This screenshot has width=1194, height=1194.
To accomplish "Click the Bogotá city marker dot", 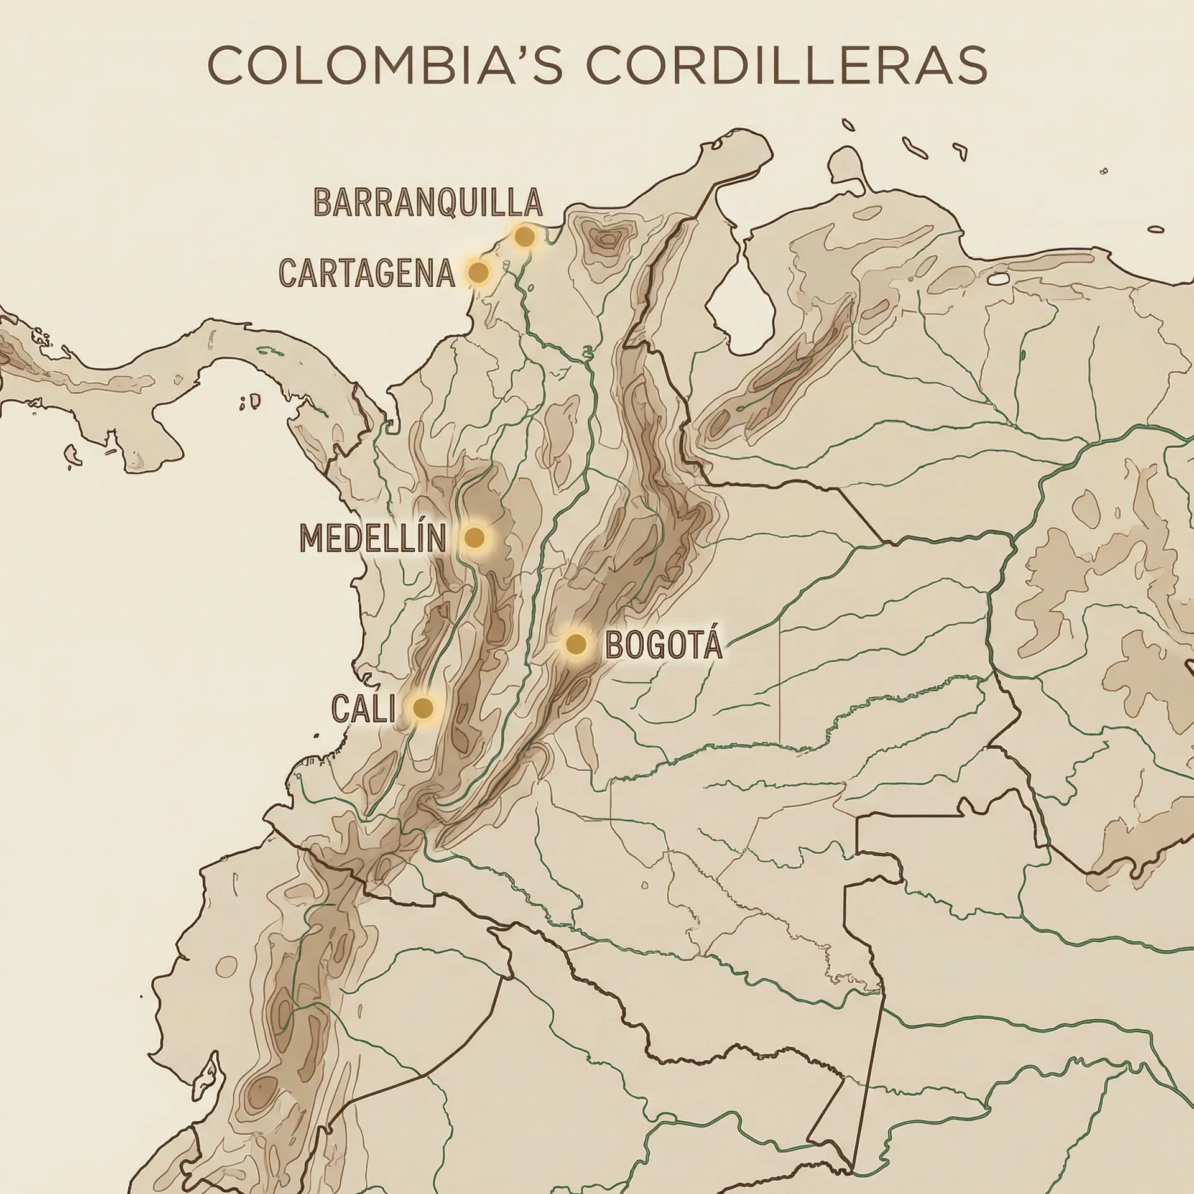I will [x=576, y=644].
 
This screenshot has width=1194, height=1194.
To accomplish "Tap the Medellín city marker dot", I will [x=474, y=537].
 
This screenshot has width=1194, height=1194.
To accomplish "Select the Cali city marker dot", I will [x=423, y=708].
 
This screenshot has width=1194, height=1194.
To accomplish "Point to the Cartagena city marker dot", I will [x=478, y=272].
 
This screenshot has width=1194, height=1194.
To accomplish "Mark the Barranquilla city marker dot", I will [x=524, y=236].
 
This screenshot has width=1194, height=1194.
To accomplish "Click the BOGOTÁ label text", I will [x=664, y=645].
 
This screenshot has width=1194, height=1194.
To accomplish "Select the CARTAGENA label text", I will [x=367, y=273].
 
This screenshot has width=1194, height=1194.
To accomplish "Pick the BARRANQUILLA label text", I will [x=428, y=202].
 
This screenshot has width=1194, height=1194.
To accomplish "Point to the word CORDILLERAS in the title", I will [x=785, y=65].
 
